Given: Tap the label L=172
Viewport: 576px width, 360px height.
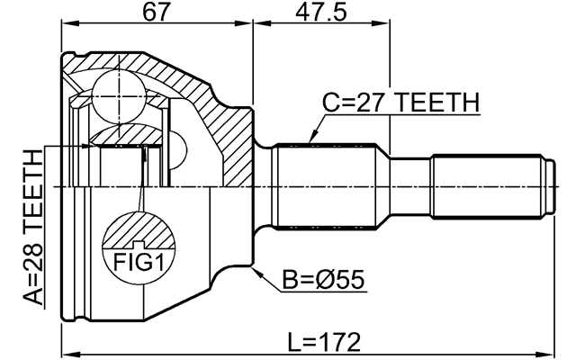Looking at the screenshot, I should (x=324, y=342).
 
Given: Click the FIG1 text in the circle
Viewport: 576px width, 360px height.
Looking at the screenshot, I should (x=138, y=262).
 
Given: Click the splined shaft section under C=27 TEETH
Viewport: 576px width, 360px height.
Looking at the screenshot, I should (x=331, y=186).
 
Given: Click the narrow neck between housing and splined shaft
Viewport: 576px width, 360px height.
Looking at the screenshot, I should (x=264, y=186).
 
